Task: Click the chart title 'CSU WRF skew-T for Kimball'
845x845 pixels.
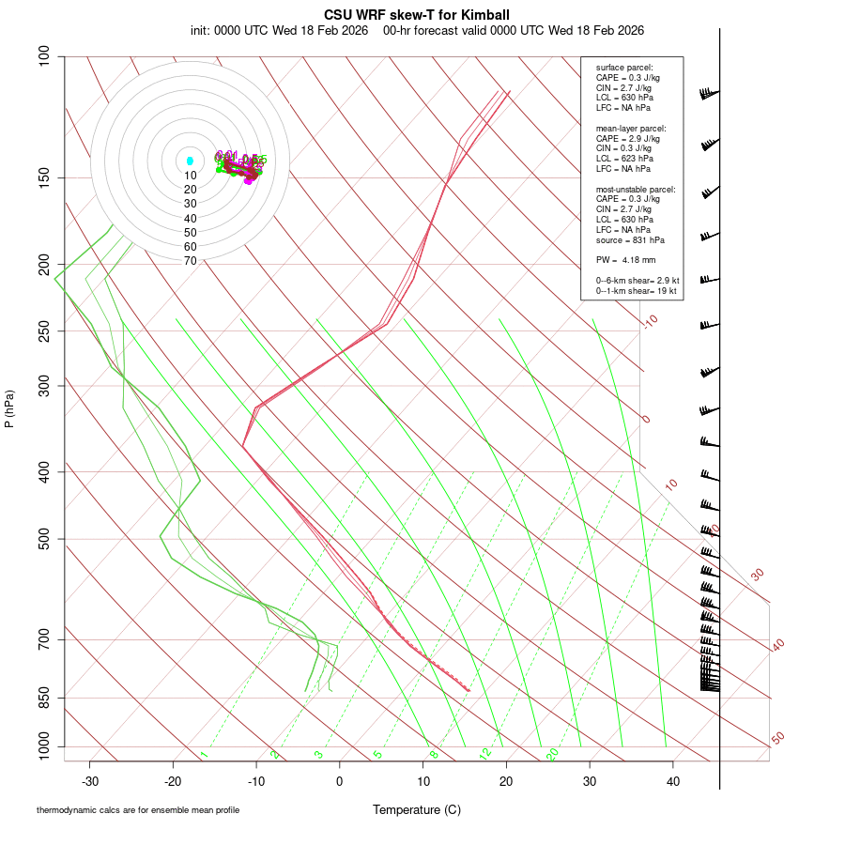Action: (x=416, y=15)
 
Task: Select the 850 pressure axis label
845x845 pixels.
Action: (x=43, y=699)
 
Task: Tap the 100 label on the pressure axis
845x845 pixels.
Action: (x=43, y=57)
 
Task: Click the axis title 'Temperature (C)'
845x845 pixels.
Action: (x=416, y=809)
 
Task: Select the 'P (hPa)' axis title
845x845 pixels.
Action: (x=9, y=409)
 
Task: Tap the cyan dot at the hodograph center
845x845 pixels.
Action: (x=190, y=161)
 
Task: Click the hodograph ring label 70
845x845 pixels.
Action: (x=190, y=261)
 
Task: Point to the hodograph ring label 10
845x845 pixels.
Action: (x=190, y=176)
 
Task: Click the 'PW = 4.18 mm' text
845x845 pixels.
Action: (x=625, y=258)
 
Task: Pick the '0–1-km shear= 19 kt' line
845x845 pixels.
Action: (x=638, y=292)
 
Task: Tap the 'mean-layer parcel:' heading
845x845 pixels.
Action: (x=631, y=128)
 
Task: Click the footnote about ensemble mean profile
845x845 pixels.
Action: (x=138, y=809)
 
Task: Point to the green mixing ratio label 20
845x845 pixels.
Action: (x=552, y=754)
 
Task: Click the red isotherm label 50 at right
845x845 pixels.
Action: (x=777, y=739)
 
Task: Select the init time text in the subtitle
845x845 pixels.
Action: (x=283, y=30)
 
